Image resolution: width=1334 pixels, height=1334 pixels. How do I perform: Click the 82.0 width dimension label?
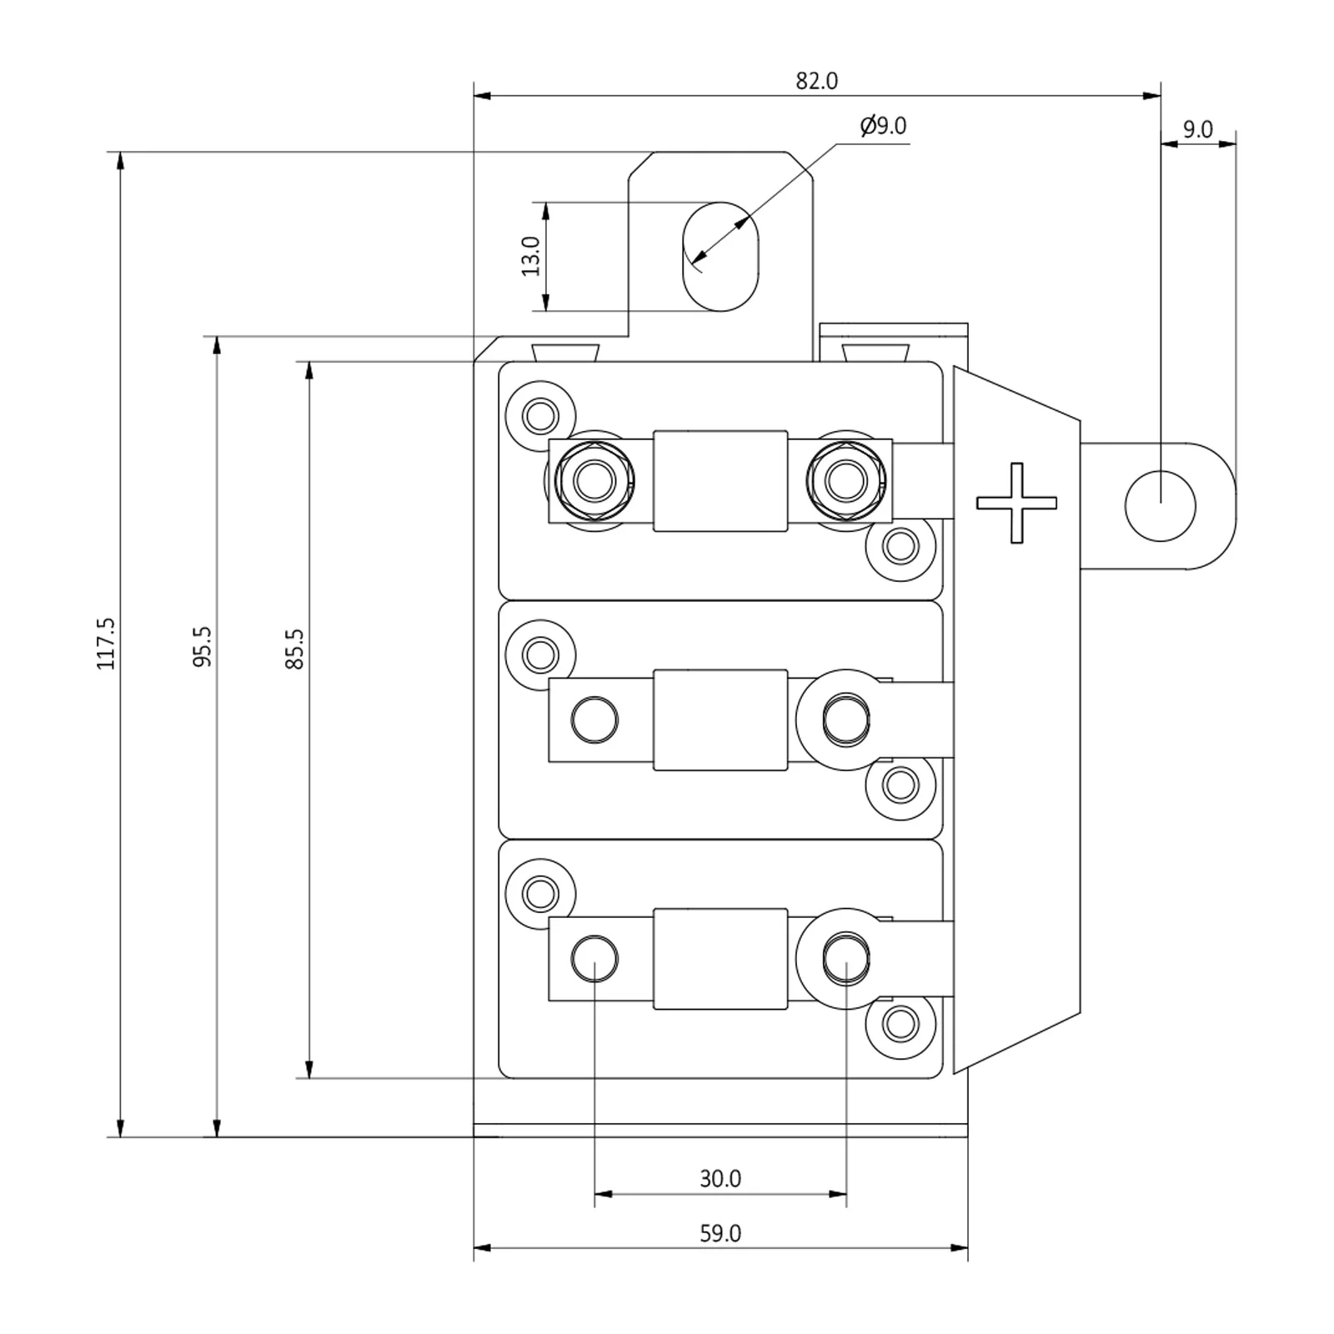816,81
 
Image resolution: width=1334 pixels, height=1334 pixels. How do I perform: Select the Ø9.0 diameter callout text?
883,126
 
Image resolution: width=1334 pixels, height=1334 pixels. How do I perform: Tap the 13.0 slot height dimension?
530,256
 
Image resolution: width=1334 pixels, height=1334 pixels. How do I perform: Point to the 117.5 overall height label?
105,643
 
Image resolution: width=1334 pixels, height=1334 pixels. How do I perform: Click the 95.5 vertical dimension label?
202,647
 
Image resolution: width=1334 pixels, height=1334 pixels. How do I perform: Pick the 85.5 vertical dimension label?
294,649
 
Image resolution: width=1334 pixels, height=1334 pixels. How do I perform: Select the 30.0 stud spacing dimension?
720,1178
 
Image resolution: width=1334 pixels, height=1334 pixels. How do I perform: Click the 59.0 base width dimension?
720,1233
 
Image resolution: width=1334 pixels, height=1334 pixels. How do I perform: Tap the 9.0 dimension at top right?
1197,130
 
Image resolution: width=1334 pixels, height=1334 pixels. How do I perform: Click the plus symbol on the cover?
1016,503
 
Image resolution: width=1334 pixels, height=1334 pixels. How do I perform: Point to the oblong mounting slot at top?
720,256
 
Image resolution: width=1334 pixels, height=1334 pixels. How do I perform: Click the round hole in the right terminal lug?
1160,505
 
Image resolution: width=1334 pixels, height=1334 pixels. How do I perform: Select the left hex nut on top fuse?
594,480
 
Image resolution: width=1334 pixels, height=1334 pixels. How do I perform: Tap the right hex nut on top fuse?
846,480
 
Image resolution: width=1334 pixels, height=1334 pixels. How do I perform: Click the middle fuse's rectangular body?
720,720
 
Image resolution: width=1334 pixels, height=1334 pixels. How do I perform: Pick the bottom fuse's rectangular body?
720,959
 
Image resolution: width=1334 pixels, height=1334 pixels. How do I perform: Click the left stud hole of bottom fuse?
594,958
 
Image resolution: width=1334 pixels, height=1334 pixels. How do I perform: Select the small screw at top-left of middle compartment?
540,654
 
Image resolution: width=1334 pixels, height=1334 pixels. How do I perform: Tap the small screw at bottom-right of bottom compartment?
900,1023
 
